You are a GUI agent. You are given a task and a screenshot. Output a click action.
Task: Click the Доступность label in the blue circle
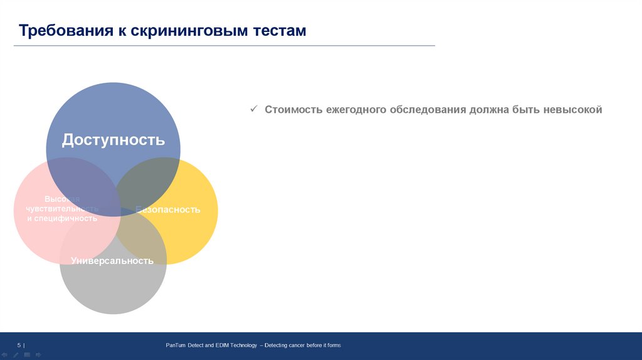click(x=113, y=140)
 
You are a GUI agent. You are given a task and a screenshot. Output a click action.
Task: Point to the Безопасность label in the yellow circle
click(x=168, y=209)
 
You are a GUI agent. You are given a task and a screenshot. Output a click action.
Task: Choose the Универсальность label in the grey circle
click(x=112, y=261)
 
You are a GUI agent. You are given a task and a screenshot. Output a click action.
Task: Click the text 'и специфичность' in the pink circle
click(x=62, y=218)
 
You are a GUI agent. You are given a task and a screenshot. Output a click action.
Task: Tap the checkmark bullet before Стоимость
click(x=253, y=109)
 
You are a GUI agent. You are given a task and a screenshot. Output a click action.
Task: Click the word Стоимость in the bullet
click(x=293, y=110)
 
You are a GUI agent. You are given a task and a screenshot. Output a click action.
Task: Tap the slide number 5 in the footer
click(x=19, y=345)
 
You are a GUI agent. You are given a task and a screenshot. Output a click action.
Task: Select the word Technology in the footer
click(x=241, y=346)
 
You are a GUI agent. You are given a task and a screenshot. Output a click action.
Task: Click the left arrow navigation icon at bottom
click(x=6, y=355)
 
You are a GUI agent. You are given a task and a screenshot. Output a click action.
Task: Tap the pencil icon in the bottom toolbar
click(x=16, y=355)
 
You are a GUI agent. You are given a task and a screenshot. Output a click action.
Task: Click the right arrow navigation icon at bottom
click(x=38, y=355)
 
